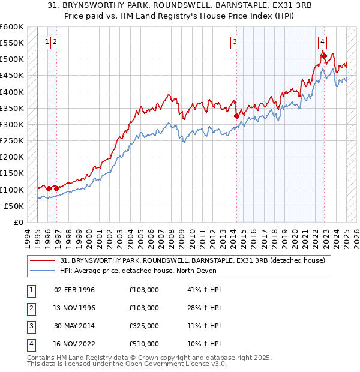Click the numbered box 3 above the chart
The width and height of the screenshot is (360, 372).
[x=235, y=41]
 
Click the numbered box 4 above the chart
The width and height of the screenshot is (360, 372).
[x=323, y=41]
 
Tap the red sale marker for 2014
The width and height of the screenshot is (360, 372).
[x=236, y=116]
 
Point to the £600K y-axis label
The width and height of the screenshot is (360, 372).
[x=13, y=27]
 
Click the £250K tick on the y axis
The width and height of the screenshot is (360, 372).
[x=13, y=141]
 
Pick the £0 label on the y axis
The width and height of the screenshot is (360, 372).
[x=18, y=222]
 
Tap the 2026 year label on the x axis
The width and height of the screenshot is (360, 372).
[x=356, y=237]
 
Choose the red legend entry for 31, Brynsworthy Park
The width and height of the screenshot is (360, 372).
[x=192, y=260]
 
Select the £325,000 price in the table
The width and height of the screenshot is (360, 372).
[x=144, y=326]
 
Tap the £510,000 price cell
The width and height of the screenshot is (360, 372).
[x=144, y=344]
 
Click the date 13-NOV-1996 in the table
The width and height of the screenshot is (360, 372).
[x=74, y=308]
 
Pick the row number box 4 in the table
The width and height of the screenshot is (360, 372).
[x=30, y=344]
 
